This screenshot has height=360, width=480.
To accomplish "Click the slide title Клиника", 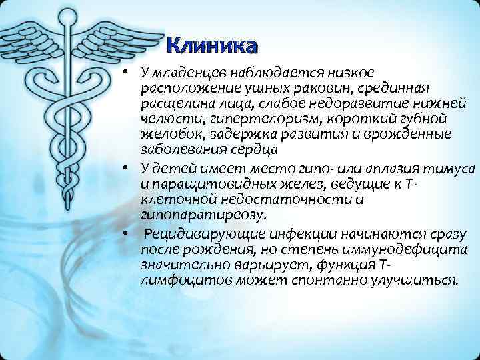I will pyautogui.click(x=211, y=46).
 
